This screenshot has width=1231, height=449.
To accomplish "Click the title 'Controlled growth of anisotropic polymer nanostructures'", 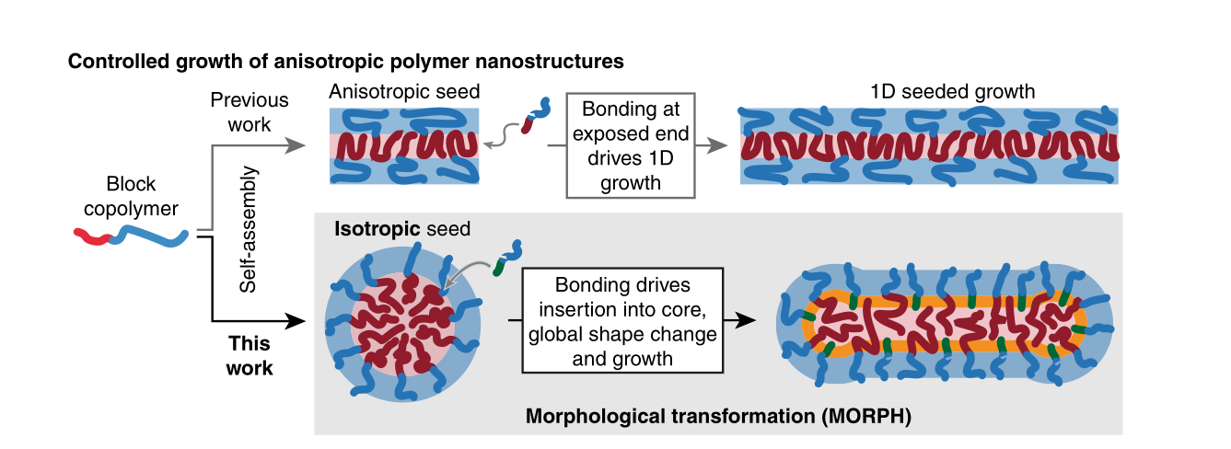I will (346, 63).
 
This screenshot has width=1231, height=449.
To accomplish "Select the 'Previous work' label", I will (249, 111).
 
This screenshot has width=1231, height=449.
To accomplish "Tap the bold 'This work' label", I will (250, 355).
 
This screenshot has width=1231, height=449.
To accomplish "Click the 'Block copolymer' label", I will (131, 197).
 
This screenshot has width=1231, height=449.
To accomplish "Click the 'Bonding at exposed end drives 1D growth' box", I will (630, 144).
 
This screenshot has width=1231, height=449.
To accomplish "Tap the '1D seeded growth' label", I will (952, 91).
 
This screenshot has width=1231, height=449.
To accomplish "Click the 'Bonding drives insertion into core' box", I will (621, 320).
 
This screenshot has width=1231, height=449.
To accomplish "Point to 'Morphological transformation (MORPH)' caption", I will (718, 416).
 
